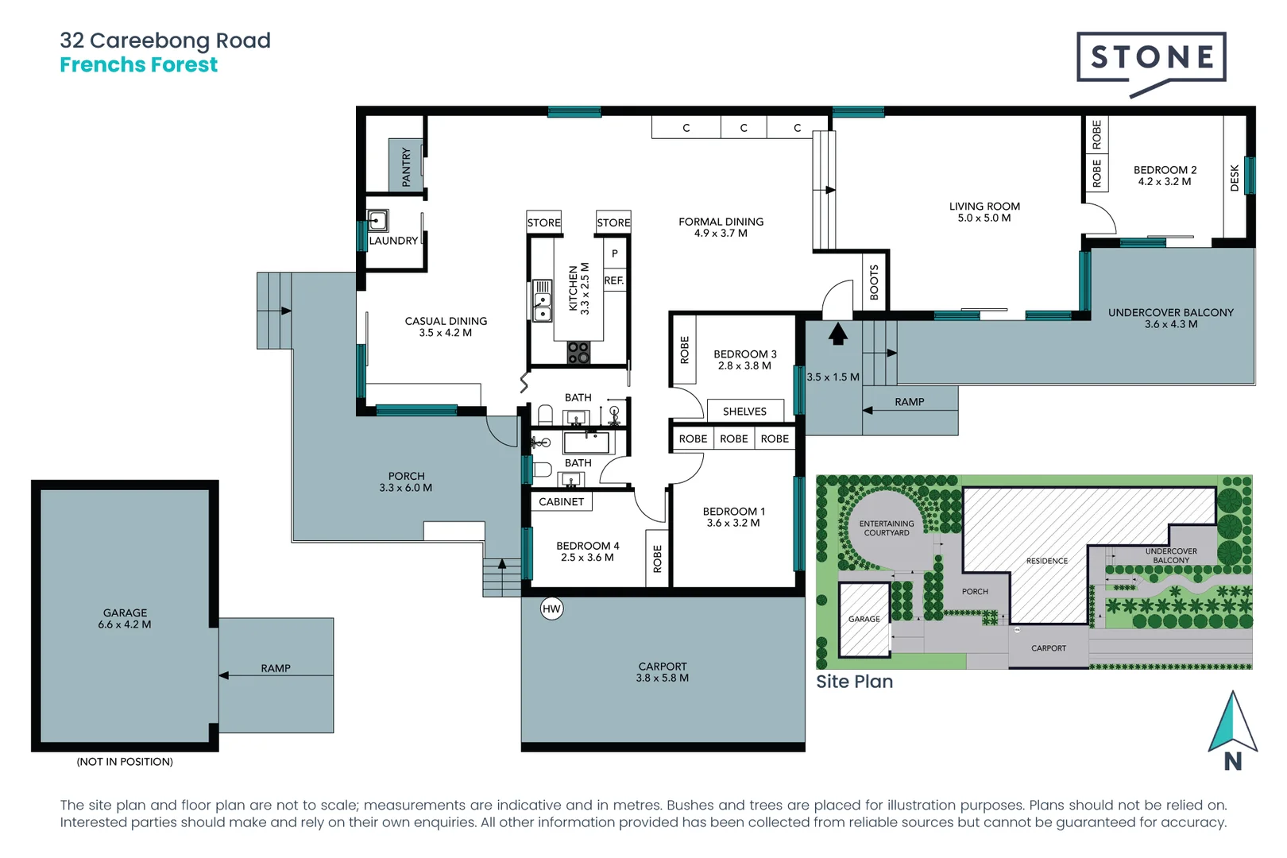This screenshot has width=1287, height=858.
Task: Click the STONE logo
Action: point(1151,64)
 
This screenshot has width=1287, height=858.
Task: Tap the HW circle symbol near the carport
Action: point(551,609)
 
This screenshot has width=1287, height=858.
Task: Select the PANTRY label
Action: point(406,167)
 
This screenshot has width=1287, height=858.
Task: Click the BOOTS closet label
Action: point(874,283)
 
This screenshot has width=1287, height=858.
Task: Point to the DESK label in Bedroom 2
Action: point(1234,178)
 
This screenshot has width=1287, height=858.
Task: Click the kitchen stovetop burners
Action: point(578,352)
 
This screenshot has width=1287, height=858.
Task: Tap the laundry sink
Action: point(377,220)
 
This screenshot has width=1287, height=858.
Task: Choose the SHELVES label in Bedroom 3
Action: point(744,412)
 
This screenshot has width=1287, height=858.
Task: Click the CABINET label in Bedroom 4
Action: point(562,502)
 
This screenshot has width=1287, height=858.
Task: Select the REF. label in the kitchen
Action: point(614,280)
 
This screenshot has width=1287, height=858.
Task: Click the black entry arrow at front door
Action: point(837,334)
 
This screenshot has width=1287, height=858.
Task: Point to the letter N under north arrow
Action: point(1233,761)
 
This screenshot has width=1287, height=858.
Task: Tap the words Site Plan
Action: point(854,682)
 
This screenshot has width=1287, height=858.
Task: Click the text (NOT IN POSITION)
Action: point(125,761)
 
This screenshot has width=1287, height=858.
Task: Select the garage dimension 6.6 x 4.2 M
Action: point(125,624)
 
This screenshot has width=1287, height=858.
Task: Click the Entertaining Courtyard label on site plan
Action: point(887,528)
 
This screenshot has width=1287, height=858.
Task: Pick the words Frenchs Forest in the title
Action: point(138,65)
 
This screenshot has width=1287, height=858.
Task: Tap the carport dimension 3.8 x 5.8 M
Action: point(663,678)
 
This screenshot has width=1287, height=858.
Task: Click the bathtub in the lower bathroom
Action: point(586,443)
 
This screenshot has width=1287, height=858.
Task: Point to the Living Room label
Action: point(984,207)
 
